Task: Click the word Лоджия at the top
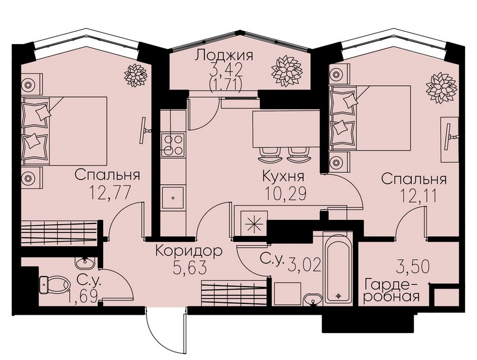coord(224,57)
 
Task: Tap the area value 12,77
coord(110,193)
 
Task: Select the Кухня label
coord(283,176)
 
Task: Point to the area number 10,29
coord(285,193)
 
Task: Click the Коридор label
coord(188,252)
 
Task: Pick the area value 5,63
coord(190,268)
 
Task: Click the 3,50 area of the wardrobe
coord(413,266)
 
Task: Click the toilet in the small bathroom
coord(54,285)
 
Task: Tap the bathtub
coord(339,269)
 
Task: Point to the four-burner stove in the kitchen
coord(173,145)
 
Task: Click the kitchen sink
coord(172,198)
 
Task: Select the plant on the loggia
coord(287,71)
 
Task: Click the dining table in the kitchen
coord(286,129)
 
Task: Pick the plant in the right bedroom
coord(441,87)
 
